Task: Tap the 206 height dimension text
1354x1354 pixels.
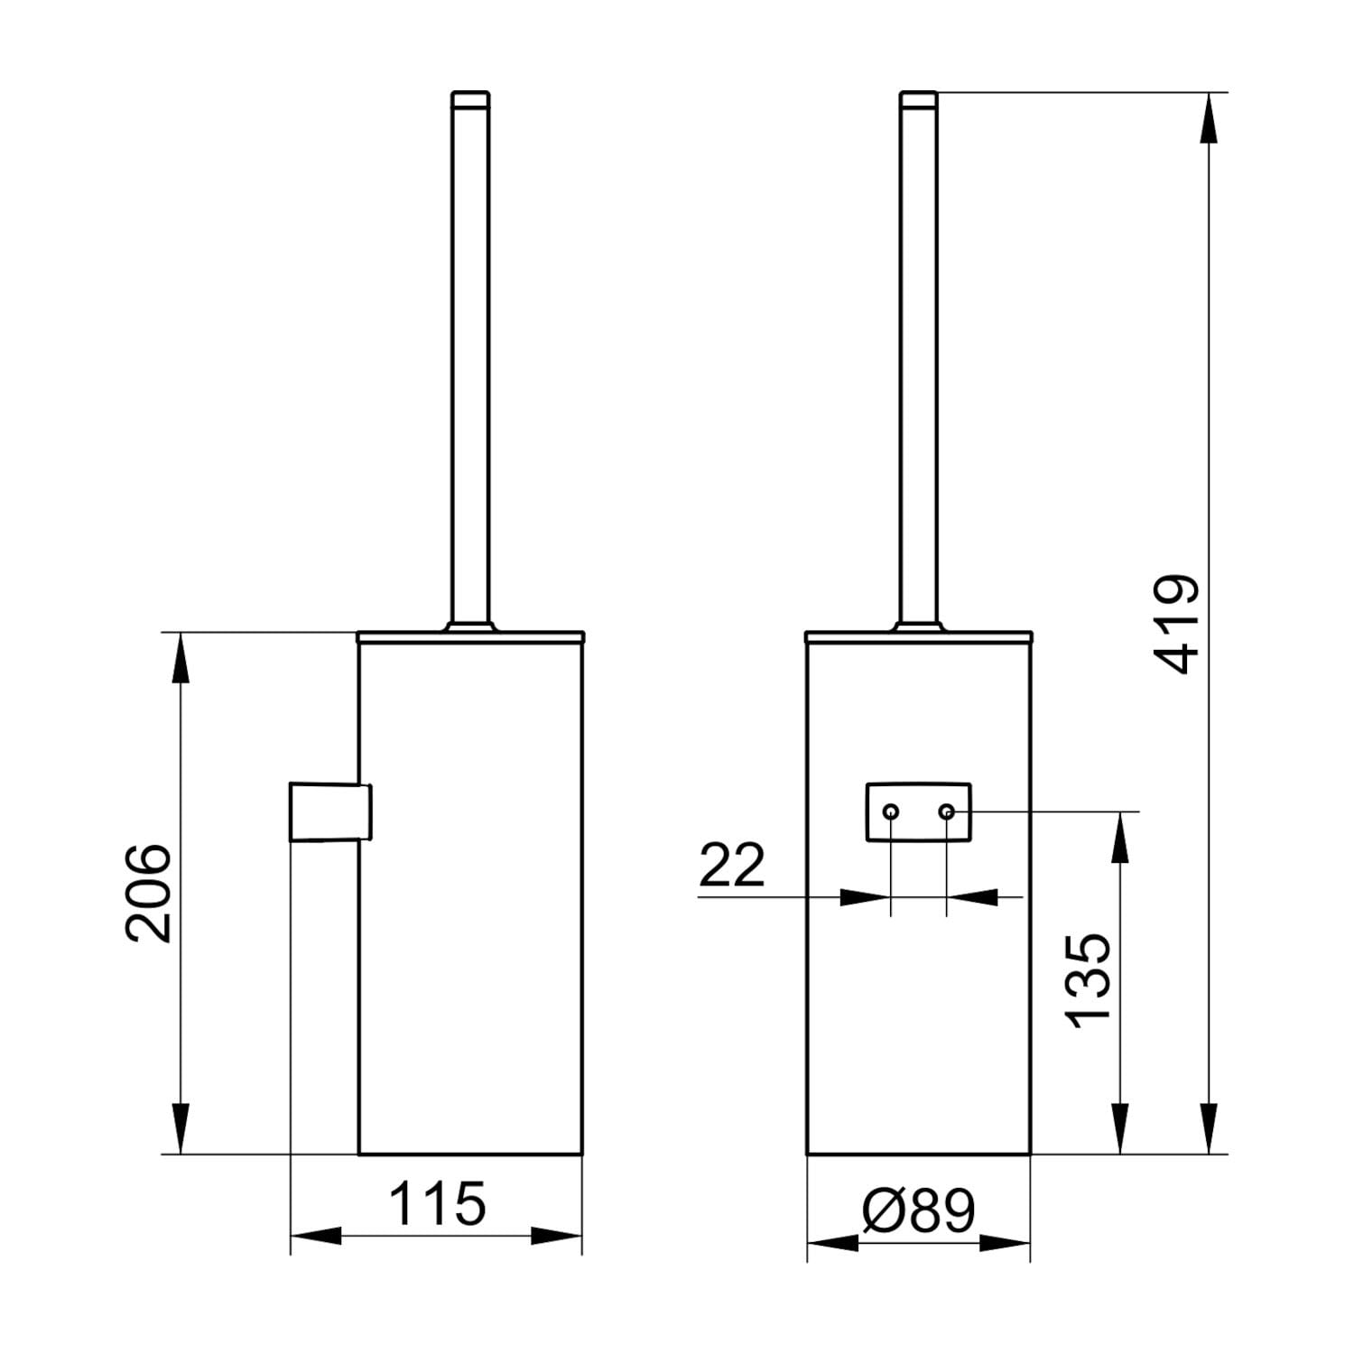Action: [x=148, y=894]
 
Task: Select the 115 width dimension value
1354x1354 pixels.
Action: [x=437, y=1203]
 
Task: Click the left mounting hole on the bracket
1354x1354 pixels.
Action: [x=891, y=812]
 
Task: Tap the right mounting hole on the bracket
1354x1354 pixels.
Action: [x=946, y=812]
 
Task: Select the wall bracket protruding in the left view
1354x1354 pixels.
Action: [x=330, y=812]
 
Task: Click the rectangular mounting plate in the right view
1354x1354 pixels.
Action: [x=919, y=812]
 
